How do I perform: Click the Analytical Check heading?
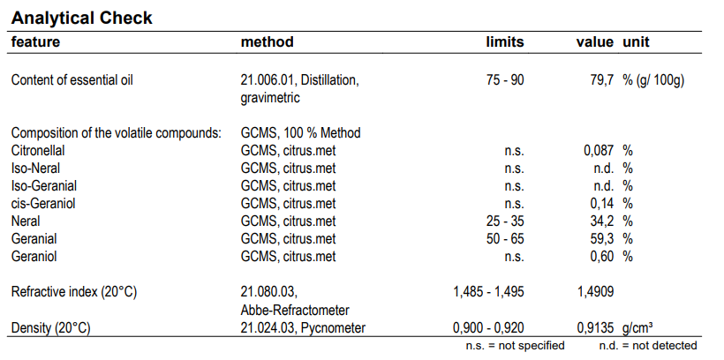click(x=82, y=18)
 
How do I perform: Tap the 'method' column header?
click(x=267, y=42)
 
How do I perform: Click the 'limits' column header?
click(x=505, y=42)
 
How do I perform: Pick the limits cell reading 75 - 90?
click(x=505, y=80)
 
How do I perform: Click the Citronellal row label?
click(x=38, y=151)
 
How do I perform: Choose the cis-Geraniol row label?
click(x=41, y=204)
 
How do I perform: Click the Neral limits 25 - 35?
click(x=505, y=221)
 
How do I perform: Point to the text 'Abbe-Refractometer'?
click(x=295, y=310)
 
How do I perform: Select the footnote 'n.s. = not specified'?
click(x=515, y=346)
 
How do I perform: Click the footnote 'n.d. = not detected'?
click(x=648, y=346)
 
